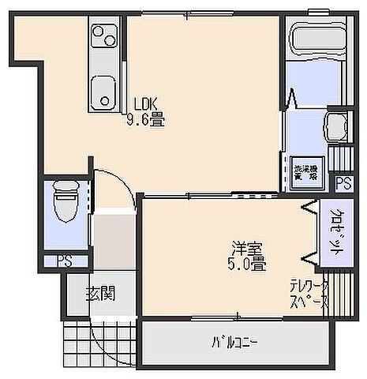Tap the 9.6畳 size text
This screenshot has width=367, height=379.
pyautogui.click(x=145, y=123)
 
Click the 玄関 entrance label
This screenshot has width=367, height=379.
pyautogui.click(x=100, y=294)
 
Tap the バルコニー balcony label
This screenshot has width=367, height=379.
pyautogui.click(x=234, y=343)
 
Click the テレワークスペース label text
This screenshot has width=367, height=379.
pyautogui.click(x=309, y=294)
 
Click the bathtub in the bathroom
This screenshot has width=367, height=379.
pyautogui.click(x=313, y=39)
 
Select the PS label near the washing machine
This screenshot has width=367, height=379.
pyautogui.click(x=343, y=183)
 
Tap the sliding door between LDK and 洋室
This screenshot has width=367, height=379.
pyautogui.click(x=209, y=193)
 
